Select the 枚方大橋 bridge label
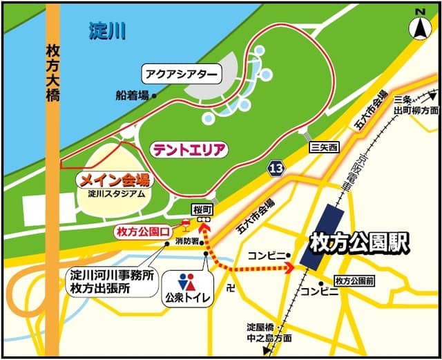(53, 73)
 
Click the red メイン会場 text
(115, 180)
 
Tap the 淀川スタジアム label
(117, 193)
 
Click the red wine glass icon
(185, 223)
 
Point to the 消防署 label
(187, 241)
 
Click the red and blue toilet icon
(186, 282)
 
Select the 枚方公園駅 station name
(359, 242)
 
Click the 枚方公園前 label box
(354, 281)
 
